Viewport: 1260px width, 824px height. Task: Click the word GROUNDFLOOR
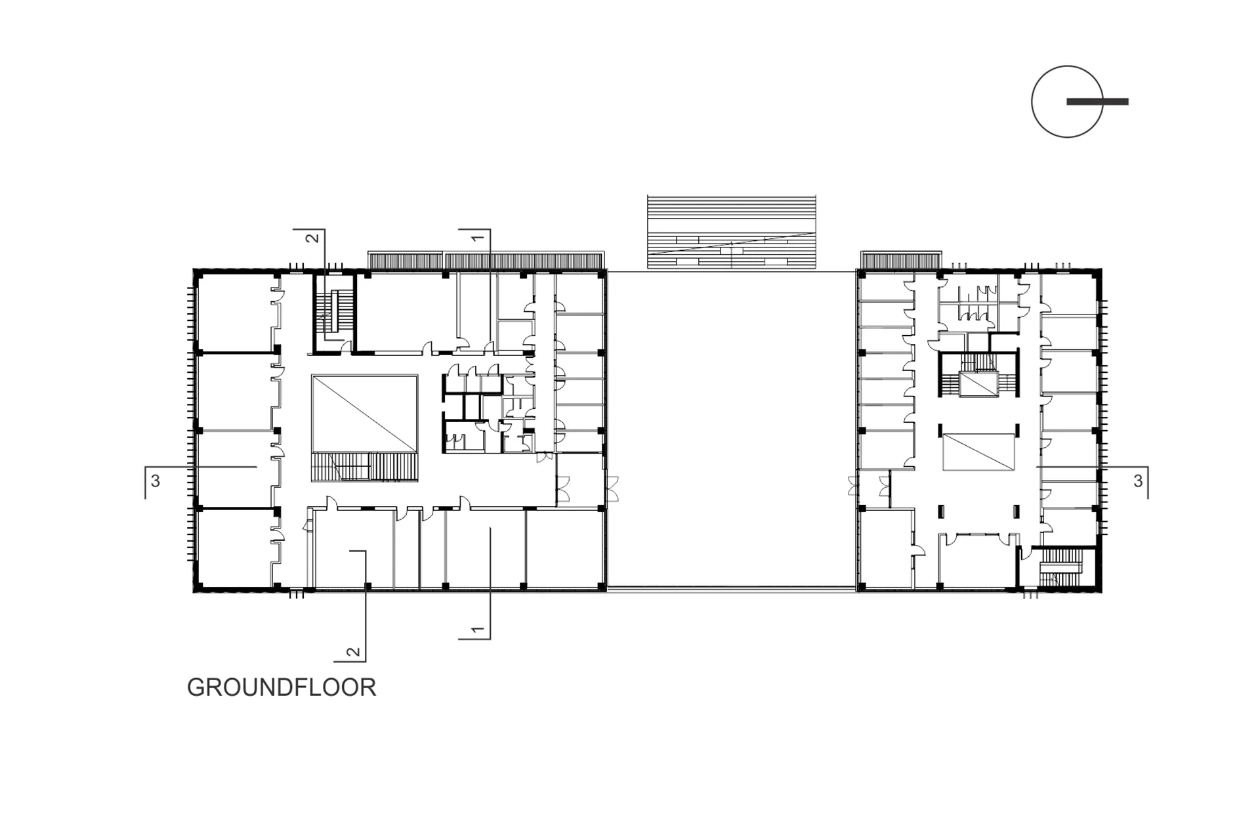tap(282, 687)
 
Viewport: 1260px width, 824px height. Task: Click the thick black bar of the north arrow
tap(1097, 102)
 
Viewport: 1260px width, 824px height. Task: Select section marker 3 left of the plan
tap(156, 481)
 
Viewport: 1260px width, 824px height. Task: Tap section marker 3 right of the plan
tap(1138, 481)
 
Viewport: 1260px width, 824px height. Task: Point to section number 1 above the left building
tap(478, 237)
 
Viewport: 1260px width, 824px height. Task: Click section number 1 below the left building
tap(478, 630)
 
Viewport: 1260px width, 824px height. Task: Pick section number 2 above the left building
tap(312, 237)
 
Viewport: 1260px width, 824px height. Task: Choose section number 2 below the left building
tap(353, 653)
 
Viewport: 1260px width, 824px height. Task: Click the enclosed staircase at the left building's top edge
tap(333, 313)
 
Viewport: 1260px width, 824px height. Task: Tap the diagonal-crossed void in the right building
tap(978, 452)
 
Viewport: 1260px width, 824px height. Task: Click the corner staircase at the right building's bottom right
tap(1058, 567)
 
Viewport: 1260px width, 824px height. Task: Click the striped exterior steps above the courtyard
tap(731, 232)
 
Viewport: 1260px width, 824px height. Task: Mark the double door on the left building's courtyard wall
tap(613, 490)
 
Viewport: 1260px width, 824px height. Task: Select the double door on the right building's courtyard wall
tap(852, 487)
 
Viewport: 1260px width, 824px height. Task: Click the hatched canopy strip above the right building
tap(901, 260)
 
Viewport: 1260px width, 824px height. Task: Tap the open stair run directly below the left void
tap(364, 467)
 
